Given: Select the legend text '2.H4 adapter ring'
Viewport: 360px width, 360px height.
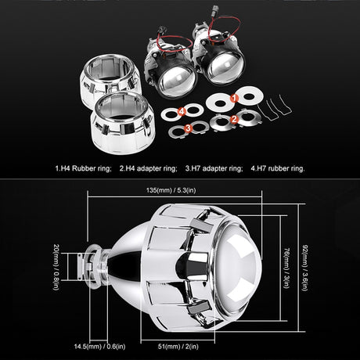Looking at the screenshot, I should [x=149, y=167].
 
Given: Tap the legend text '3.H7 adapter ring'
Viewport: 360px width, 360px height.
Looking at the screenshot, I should [x=214, y=167].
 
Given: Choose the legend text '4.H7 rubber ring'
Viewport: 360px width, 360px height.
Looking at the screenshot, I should [x=276, y=167].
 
